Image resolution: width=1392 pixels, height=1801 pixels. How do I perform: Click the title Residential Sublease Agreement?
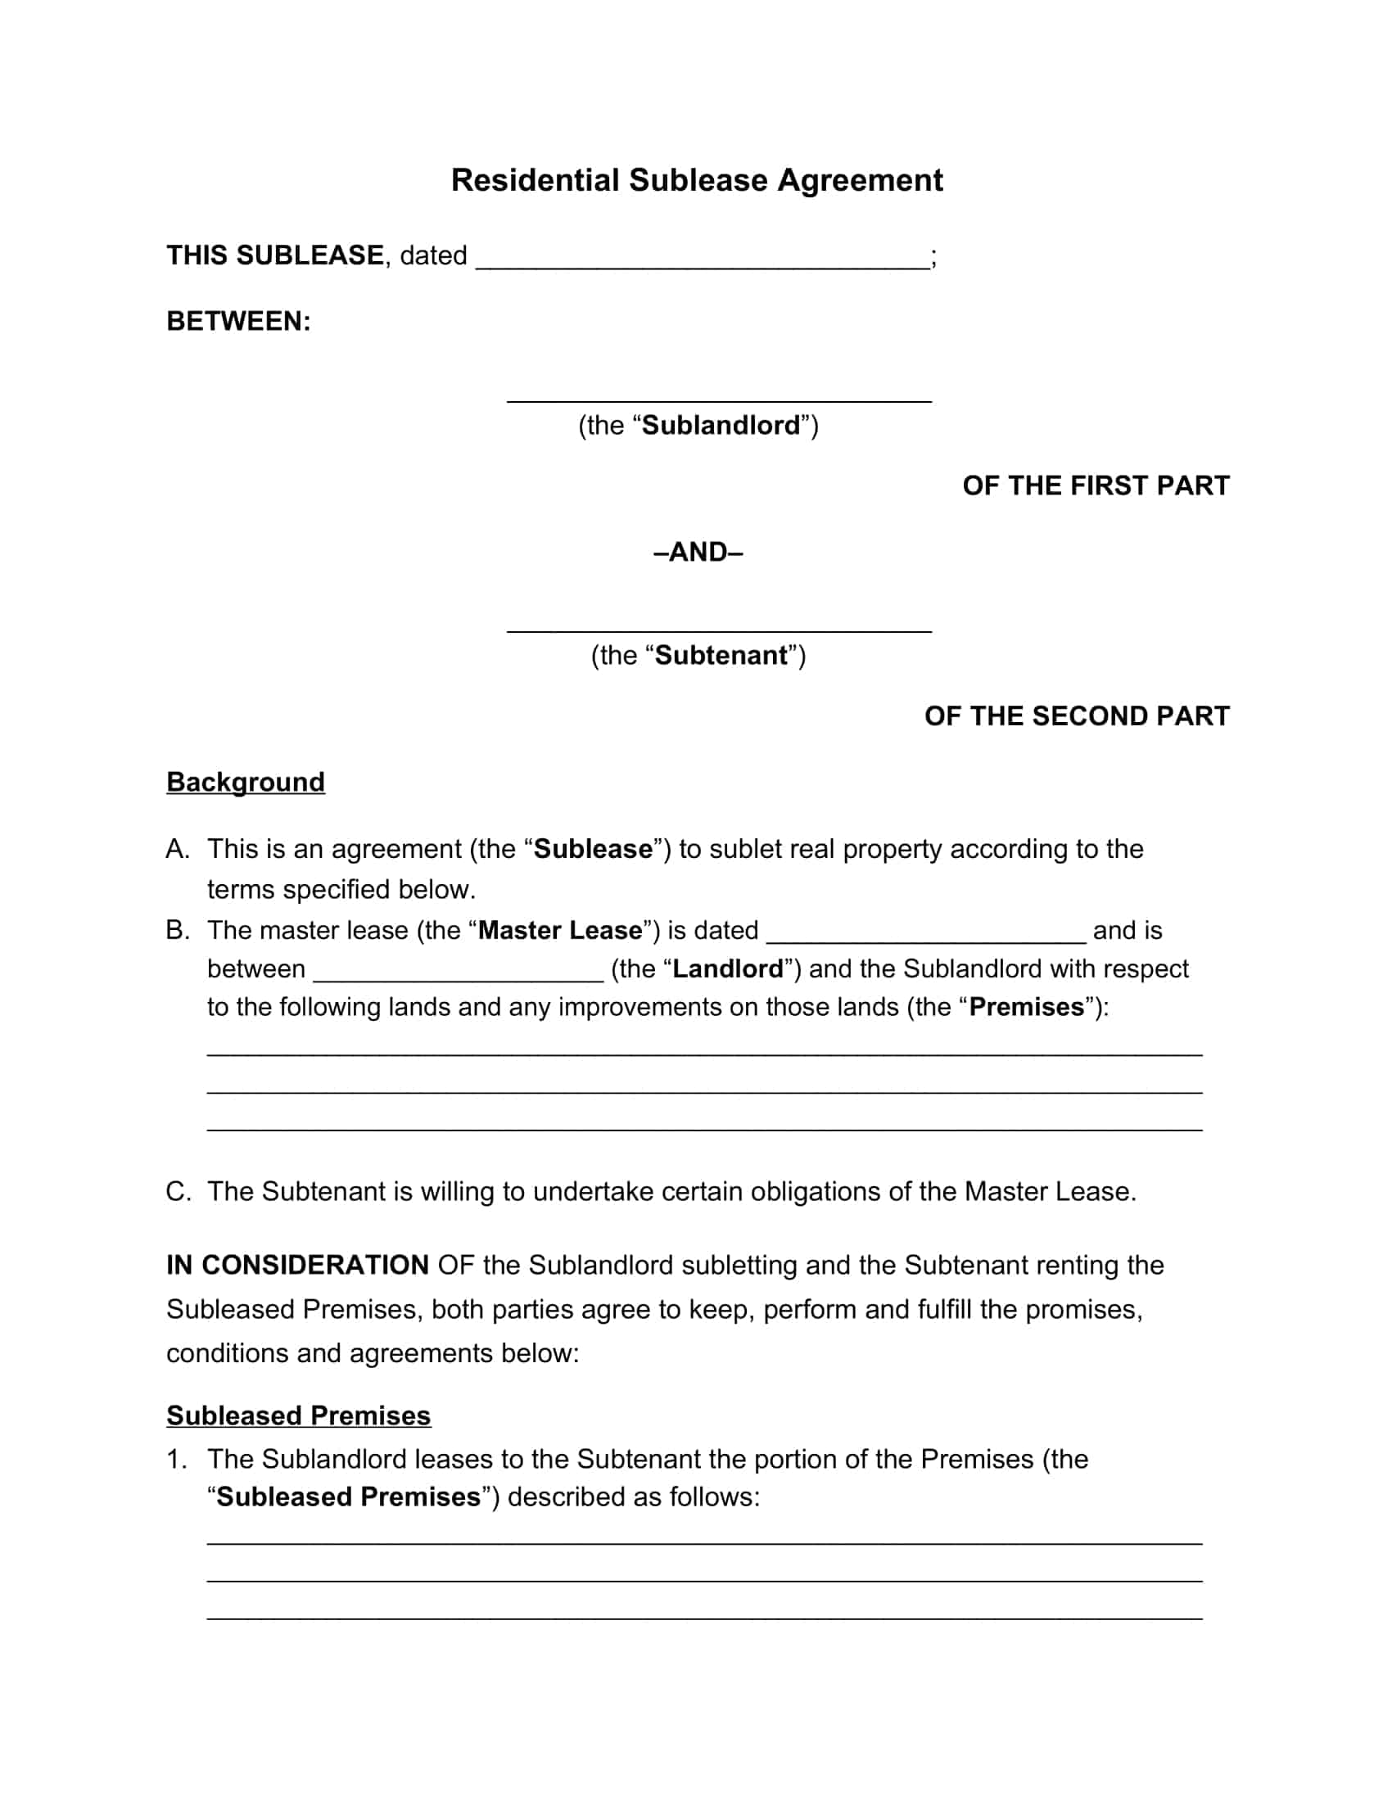696,180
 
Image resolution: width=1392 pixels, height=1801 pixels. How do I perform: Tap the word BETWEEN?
238,321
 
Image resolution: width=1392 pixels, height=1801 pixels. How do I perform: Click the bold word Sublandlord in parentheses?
721,426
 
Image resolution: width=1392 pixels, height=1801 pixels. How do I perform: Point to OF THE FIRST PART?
1095,485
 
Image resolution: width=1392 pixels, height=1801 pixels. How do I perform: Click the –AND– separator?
698,552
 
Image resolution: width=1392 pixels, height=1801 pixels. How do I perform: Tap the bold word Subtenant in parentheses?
721,656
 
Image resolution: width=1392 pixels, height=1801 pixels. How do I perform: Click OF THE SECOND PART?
1076,715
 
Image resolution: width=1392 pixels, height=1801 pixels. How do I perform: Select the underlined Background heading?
246,782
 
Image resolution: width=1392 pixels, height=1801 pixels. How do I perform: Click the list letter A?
178,849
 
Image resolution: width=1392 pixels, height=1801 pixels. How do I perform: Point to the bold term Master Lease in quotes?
560,930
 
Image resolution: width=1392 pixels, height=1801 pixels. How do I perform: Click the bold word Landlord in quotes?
727,969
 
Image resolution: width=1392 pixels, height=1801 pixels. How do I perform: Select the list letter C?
179,1192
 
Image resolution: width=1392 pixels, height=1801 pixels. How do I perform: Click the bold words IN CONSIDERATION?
297,1265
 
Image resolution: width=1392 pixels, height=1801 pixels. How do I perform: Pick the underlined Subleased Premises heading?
299,1415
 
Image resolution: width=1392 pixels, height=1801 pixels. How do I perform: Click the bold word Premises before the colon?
1026,1007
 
